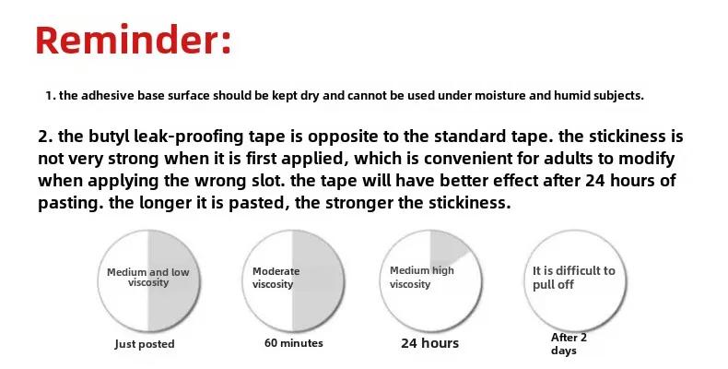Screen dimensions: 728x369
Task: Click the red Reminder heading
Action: pos(134,41)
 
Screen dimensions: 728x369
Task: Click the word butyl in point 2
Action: pos(109,137)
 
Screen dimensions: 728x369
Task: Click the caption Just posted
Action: pos(145,344)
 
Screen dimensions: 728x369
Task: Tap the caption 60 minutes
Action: pos(294,343)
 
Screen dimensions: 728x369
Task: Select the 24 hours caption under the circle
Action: pos(430,343)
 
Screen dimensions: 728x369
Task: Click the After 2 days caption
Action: pos(569,344)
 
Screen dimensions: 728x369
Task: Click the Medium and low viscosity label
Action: pos(148,278)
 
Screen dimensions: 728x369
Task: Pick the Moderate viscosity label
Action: pos(276,278)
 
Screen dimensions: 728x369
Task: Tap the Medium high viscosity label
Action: pos(422,277)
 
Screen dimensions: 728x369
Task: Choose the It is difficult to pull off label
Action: pos(574,278)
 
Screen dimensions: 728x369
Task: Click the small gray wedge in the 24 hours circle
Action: pos(446,247)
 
